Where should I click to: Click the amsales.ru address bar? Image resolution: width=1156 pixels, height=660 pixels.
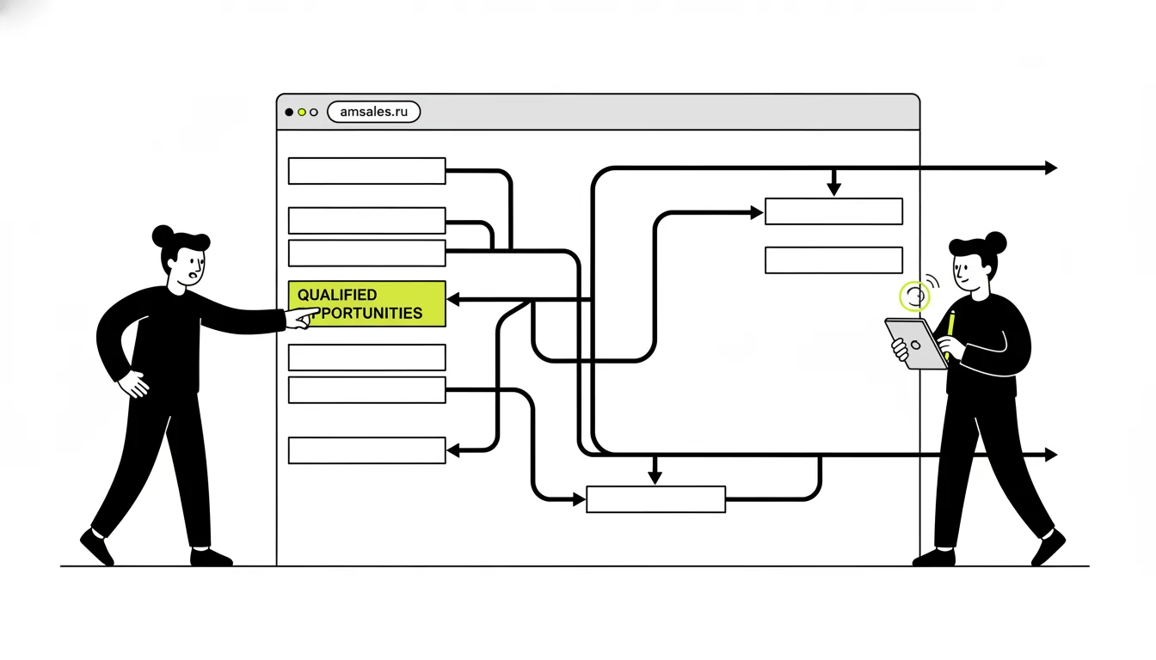point(373,112)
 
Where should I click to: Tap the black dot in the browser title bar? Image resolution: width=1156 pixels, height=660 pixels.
point(289,112)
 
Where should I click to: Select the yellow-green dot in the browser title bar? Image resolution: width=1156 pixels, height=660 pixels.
point(302,112)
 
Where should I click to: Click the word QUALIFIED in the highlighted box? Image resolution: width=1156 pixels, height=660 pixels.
point(337,295)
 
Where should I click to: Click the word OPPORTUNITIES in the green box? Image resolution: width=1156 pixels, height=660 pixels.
point(361,314)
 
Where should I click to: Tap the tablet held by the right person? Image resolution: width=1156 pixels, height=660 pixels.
point(916,344)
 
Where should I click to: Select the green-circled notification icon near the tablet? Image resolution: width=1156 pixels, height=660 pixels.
point(915,296)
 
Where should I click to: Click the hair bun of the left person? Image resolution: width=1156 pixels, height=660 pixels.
point(163,236)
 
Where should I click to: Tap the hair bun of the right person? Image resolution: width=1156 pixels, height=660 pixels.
point(995,242)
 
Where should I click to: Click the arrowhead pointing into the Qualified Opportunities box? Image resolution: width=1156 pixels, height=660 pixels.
point(453,299)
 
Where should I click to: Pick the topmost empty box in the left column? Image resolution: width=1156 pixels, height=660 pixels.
point(367,171)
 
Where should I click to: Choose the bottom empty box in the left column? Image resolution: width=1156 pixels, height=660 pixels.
point(367,450)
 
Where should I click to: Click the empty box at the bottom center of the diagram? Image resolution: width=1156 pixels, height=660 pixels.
point(656,499)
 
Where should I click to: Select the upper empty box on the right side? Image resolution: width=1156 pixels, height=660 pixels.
point(834,211)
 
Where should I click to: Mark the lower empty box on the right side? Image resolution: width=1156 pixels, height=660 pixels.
point(834,260)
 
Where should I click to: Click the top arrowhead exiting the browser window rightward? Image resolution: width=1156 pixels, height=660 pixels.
point(1051,168)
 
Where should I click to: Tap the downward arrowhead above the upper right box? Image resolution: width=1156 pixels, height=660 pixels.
point(834,189)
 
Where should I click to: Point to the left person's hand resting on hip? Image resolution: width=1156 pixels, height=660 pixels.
point(133,384)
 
